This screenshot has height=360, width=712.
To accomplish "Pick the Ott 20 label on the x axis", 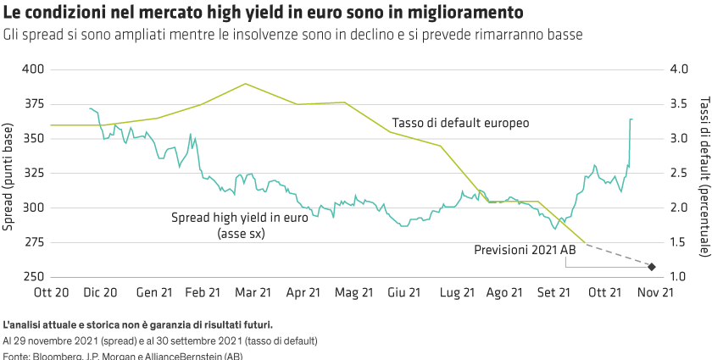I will (51, 292).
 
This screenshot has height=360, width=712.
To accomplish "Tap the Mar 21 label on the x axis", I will (253, 292).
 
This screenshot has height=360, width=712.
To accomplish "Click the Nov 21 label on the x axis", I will (655, 292).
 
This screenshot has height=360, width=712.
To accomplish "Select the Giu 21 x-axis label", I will (403, 292).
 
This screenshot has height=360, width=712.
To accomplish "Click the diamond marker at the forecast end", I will (652, 268).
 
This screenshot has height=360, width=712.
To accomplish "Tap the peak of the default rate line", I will (246, 83).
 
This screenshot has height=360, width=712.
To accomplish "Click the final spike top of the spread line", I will (631, 119).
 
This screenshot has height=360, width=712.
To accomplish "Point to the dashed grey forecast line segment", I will (619, 256).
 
